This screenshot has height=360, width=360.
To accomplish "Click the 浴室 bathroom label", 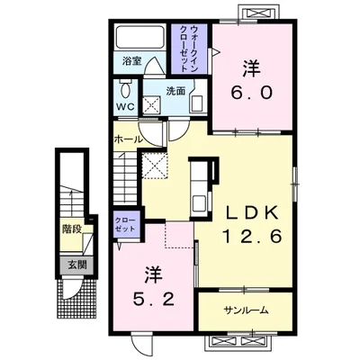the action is coord(131,61).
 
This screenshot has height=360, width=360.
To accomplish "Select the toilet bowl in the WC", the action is coord(125,89).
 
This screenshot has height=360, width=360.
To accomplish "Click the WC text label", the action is coord(125,107).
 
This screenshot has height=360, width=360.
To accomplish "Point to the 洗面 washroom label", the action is coord(175,91).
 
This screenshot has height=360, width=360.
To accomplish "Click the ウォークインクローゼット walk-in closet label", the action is coord(190,49).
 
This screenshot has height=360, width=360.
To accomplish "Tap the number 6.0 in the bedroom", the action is coord(251,92).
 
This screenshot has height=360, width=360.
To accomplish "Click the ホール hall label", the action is coord(129,139).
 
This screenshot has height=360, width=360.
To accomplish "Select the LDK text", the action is coord(251,213).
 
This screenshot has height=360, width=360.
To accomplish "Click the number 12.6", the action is coord(251,236).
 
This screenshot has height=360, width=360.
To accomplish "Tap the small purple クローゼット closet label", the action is coord(126,225).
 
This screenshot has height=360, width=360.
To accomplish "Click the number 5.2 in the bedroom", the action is coord(154,298).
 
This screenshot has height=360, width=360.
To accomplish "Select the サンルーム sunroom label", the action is coord(246,310).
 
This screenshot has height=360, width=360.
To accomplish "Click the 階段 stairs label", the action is coord(72,229).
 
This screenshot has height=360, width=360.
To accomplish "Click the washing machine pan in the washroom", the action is coord(151,105).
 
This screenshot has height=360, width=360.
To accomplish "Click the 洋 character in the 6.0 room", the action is coord(251,69).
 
